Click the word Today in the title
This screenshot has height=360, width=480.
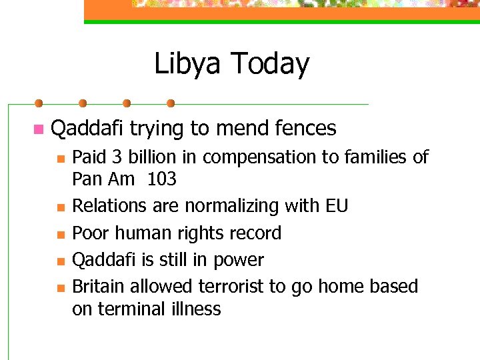click(270, 64)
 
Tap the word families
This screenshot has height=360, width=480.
click(376, 157)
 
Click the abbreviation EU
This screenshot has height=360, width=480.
click(336, 206)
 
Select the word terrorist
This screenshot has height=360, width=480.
click(226, 287)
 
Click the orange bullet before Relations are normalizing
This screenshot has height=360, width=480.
click(60, 207)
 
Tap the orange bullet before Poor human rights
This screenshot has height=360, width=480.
click(60, 234)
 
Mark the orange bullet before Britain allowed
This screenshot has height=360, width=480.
click(60, 288)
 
